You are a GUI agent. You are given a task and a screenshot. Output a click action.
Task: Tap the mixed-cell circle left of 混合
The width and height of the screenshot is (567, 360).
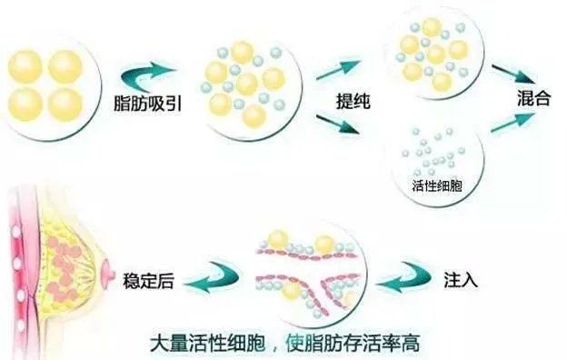434,51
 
